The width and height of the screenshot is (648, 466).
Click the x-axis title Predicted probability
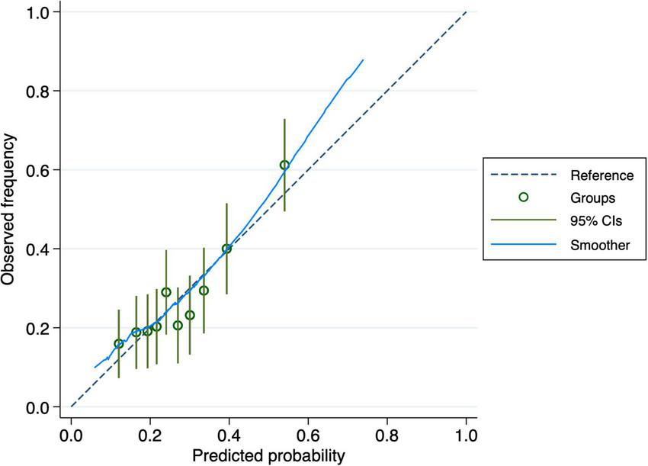268,455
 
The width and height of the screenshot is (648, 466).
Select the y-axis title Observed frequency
10,210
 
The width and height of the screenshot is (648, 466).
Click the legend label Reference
602,175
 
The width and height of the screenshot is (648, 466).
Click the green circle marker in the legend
523,198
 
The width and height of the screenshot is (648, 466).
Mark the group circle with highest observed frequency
284,165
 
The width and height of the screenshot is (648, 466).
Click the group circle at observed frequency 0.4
226,249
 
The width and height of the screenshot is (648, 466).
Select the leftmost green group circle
118,344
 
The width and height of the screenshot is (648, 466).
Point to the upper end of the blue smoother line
363,59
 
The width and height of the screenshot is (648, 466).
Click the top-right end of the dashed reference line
466,11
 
